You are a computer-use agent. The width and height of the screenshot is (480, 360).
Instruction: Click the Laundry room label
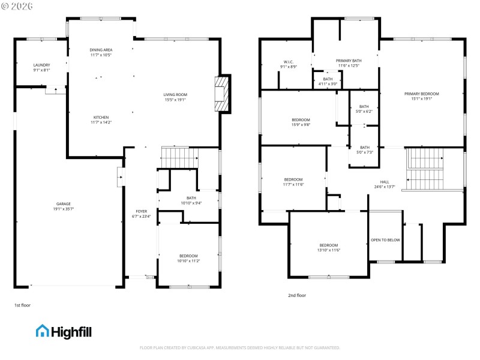tap(41, 67)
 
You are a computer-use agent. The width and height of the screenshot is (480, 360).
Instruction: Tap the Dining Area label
tap(101, 52)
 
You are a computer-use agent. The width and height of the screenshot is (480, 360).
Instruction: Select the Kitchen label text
tap(101, 119)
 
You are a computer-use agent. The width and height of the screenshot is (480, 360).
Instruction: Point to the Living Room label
tap(175, 97)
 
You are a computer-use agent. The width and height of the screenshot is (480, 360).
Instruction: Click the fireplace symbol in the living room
tap(223, 94)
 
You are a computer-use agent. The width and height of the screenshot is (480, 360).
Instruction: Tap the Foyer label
tap(141, 214)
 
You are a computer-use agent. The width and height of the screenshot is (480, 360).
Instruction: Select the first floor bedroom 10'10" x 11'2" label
tap(187, 259)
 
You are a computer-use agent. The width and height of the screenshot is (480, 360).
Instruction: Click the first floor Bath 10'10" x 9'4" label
tap(191, 200)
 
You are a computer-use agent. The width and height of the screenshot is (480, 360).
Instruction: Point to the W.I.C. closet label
tap(287, 64)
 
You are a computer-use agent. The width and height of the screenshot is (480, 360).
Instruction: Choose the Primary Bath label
tap(348, 63)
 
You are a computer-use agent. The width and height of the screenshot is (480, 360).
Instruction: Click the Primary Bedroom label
tap(421, 96)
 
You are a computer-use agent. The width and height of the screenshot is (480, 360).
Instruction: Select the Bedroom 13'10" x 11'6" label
tap(328, 247)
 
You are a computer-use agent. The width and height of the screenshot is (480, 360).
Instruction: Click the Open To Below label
tap(385, 240)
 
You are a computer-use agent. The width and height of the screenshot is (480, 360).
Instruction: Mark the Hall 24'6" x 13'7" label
tap(384, 184)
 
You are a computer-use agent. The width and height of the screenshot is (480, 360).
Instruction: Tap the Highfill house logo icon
tap(43, 331)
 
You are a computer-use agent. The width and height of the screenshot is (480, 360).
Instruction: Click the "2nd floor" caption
tap(297, 295)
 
